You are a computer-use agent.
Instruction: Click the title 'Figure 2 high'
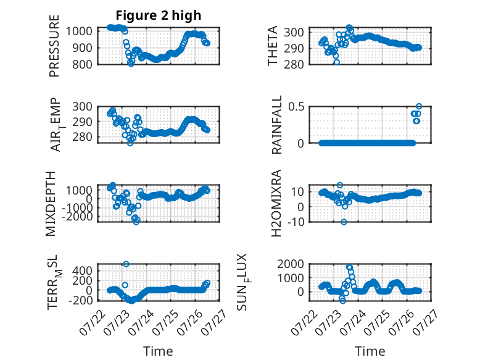159,15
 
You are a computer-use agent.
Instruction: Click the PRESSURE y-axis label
54,46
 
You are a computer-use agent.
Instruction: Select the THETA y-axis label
272,46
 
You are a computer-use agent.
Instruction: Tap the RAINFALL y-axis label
276,125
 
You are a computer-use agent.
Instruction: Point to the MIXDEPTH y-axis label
51,204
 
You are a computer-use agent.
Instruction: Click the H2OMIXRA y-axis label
276,203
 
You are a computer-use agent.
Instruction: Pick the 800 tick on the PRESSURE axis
82,65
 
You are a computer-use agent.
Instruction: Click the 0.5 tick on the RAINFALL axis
296,107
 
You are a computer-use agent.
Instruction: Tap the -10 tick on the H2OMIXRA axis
296,222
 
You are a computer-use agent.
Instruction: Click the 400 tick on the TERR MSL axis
82,270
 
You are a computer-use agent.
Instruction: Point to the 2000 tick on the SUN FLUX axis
291,264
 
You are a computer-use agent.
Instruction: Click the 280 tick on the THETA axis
294,65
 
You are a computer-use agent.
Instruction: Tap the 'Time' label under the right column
370,351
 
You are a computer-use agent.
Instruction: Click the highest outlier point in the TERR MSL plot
126,264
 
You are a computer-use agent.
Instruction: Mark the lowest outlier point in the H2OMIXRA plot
344,222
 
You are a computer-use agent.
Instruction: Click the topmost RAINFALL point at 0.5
419,106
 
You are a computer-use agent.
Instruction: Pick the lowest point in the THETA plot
337,62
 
